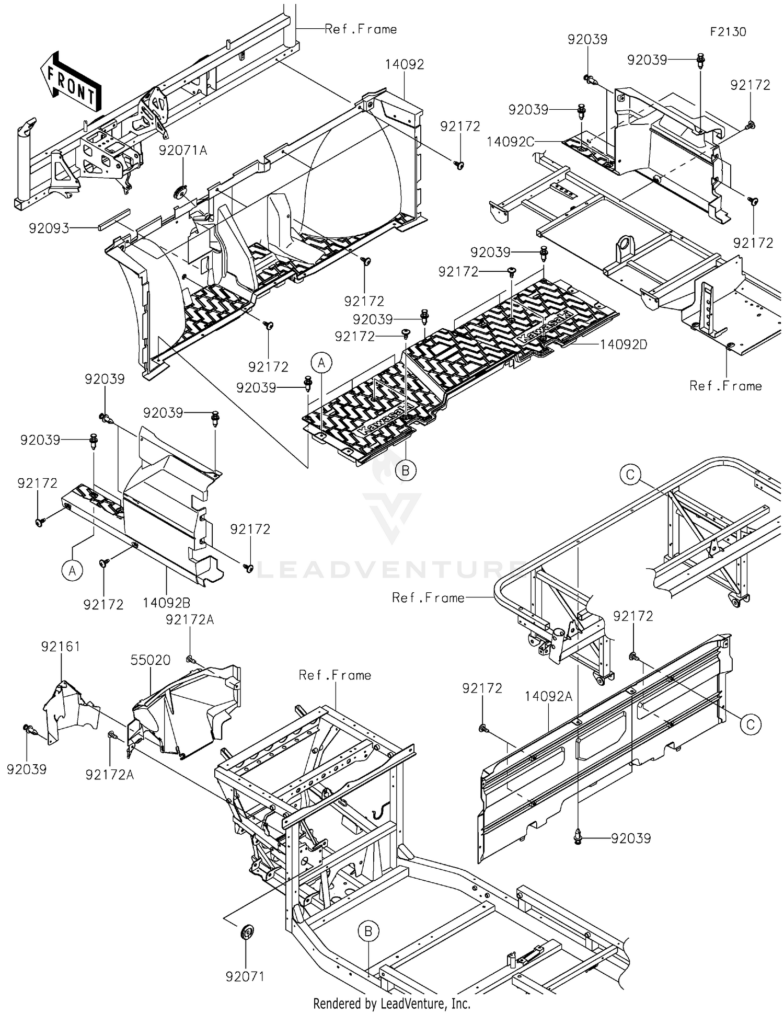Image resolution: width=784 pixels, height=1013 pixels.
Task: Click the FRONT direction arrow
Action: point(70,82)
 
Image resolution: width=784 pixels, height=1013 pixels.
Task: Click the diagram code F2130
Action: point(728,32)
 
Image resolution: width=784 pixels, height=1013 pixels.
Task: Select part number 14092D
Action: point(623,344)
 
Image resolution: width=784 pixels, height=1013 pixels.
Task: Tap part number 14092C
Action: point(510,142)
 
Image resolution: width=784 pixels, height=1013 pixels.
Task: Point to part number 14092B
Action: point(166,603)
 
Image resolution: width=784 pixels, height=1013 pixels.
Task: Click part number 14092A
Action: point(548,696)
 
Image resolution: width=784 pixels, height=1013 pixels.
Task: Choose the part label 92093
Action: point(49,228)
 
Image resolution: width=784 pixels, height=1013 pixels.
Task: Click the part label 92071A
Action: point(183,151)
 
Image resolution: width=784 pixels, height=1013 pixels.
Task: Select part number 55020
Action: point(151,660)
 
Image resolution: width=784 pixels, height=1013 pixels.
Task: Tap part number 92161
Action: point(61,647)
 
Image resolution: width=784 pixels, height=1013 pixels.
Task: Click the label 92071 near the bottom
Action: point(245,976)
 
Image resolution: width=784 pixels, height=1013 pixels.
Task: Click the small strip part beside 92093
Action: point(112,220)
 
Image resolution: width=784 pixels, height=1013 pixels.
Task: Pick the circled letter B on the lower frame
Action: point(368,931)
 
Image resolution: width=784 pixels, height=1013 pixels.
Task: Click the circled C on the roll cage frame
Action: point(630,475)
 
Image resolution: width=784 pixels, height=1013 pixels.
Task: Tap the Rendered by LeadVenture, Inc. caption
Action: point(391,1003)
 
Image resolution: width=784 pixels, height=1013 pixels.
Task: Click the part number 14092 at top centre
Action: point(405,64)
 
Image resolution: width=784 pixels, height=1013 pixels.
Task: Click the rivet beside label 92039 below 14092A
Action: point(578,837)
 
